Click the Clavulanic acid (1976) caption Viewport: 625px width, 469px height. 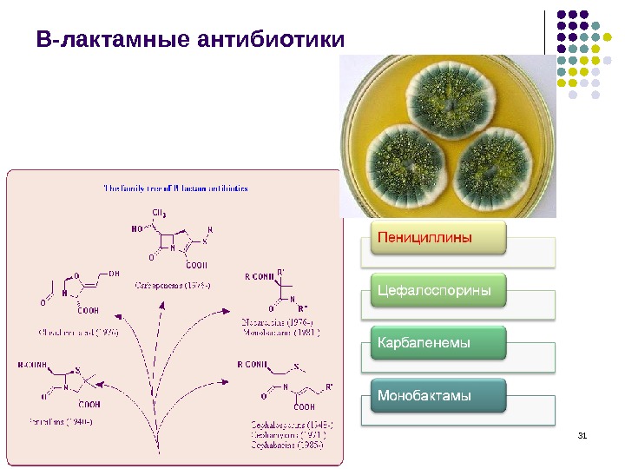pyautogui.click(x=78, y=331)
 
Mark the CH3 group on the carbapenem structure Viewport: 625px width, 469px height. pyautogui.click(x=161, y=213)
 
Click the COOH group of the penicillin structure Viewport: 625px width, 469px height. pyautogui.click(x=89, y=403)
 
